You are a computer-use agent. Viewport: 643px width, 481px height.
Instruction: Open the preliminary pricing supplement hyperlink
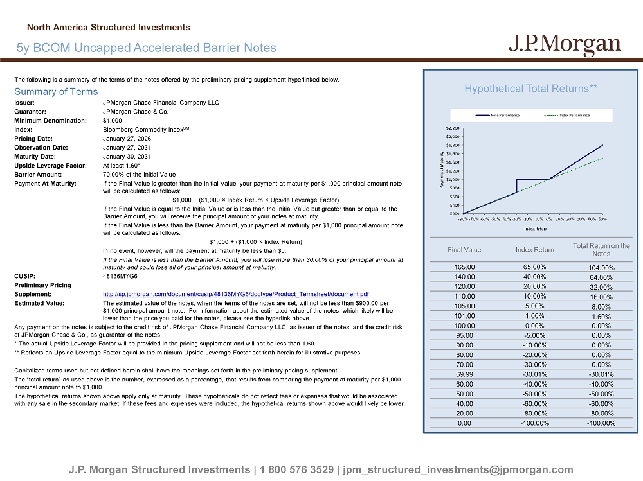235,294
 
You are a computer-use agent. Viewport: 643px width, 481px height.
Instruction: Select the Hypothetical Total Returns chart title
531,89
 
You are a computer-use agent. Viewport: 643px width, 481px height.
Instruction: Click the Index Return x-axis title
536,228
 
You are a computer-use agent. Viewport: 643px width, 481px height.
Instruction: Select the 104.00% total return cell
601,268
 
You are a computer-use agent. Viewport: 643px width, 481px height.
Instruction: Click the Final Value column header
464,250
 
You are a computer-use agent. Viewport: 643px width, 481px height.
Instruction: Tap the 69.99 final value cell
464,374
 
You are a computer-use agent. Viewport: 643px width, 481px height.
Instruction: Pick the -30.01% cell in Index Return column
534,374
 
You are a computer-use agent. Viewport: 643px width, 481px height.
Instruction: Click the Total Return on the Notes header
601,250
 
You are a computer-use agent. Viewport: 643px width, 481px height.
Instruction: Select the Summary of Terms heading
56,92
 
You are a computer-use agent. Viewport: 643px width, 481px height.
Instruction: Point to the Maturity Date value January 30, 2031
127,156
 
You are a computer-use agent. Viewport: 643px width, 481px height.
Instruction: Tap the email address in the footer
458,469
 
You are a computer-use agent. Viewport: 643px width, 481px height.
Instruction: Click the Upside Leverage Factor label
50,165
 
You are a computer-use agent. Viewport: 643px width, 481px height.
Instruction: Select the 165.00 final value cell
464,267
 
